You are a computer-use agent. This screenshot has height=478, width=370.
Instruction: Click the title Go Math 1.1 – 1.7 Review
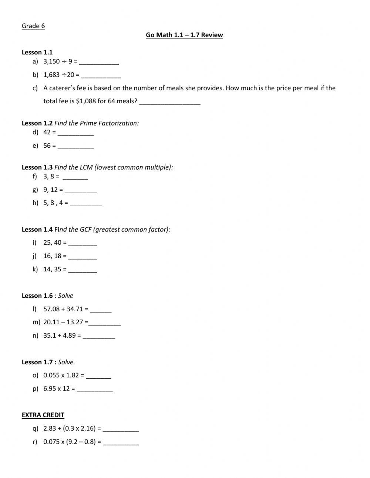click(x=184, y=35)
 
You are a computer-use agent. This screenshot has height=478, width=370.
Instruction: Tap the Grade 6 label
click(x=33, y=26)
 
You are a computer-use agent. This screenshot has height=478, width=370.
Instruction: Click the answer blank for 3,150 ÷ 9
click(x=99, y=62)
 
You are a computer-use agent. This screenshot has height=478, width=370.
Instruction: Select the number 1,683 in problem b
click(x=51, y=75)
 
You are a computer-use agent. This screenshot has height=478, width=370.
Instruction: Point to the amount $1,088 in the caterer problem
click(x=86, y=101)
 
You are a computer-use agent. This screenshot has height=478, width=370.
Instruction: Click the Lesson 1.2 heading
click(x=37, y=123)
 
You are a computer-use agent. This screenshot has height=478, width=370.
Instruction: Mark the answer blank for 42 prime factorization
click(x=76, y=133)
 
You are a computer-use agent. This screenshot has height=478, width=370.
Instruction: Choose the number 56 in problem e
click(x=47, y=146)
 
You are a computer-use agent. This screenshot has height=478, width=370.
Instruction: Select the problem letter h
click(x=36, y=203)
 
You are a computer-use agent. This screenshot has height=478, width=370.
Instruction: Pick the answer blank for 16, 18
click(x=83, y=257)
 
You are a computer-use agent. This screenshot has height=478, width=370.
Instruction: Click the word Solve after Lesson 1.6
click(x=65, y=296)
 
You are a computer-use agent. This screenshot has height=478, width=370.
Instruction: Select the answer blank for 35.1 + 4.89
click(x=99, y=336)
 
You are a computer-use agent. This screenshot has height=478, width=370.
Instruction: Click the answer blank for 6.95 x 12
click(x=94, y=390)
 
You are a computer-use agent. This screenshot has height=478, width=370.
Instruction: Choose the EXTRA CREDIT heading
click(x=43, y=415)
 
